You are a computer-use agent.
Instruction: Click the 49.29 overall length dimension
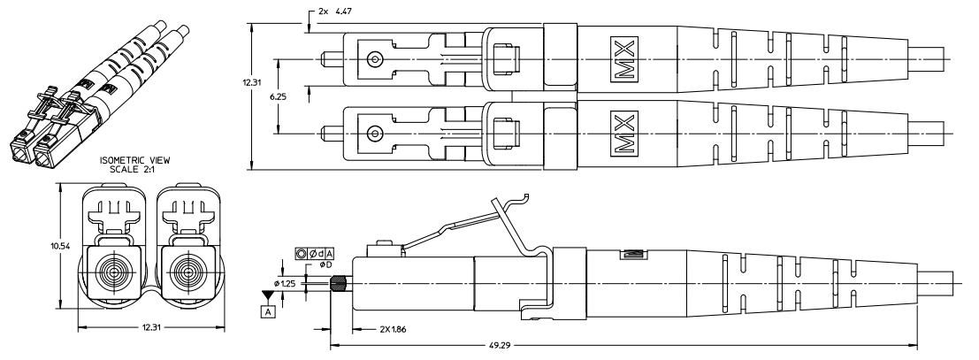coord(498,344)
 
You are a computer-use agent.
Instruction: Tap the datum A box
coord(269,311)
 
